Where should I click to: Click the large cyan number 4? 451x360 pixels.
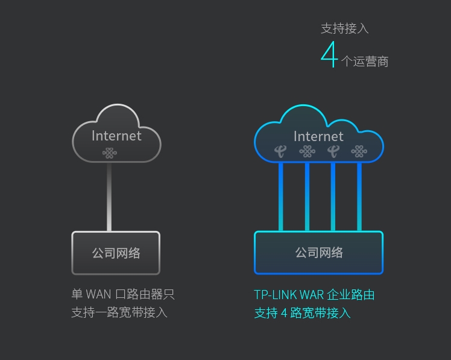tap(329, 55)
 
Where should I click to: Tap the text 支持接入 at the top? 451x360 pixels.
tap(344, 28)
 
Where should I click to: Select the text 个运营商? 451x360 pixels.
tap(365, 62)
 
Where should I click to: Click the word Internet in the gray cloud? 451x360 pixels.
tap(116, 136)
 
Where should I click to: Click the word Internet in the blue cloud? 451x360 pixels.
tap(318, 136)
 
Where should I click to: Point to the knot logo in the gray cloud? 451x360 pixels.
tap(109, 153)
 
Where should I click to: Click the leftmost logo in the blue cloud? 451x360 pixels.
tap(280, 151)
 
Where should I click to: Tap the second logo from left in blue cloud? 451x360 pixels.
tap(307, 151)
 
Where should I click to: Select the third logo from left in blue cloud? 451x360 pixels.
tap(333, 151)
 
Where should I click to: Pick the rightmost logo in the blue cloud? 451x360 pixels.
tap(359, 151)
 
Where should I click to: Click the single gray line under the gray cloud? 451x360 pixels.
tap(109, 197)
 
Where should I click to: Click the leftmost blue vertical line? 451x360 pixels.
tap(281, 197)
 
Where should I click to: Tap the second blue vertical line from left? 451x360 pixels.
tap(307, 197)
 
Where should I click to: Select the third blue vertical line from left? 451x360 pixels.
tap(333, 197)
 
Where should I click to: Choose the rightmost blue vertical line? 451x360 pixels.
tap(359, 197)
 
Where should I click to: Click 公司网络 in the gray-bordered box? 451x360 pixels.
tap(116, 253)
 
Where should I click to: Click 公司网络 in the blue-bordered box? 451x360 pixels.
tap(319, 253)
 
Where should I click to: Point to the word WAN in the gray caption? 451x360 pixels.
tap(99, 294)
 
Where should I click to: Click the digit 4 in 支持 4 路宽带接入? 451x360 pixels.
tap(284, 313)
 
